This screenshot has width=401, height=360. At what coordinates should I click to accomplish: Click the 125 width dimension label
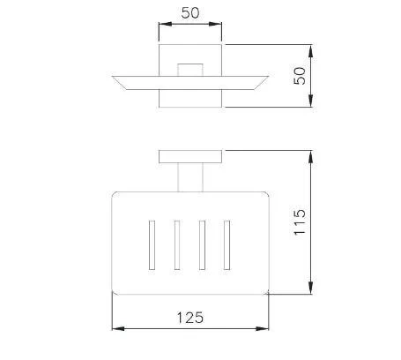click(189, 318)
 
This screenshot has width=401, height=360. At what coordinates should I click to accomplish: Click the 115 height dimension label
click(300, 222)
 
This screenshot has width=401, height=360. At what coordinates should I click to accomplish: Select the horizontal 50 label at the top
click(190, 13)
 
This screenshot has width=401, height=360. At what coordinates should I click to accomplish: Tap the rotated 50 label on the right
click(300, 76)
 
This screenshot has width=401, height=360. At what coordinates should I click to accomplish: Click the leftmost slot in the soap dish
click(152, 245)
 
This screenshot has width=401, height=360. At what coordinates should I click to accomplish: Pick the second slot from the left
click(177, 245)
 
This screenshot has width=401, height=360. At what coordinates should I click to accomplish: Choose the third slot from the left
click(202, 245)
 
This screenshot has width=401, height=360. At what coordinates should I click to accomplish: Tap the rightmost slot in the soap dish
click(226, 245)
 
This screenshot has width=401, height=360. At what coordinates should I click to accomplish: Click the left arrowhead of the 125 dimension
click(118, 328)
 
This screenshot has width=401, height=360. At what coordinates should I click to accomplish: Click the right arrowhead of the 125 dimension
click(262, 328)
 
